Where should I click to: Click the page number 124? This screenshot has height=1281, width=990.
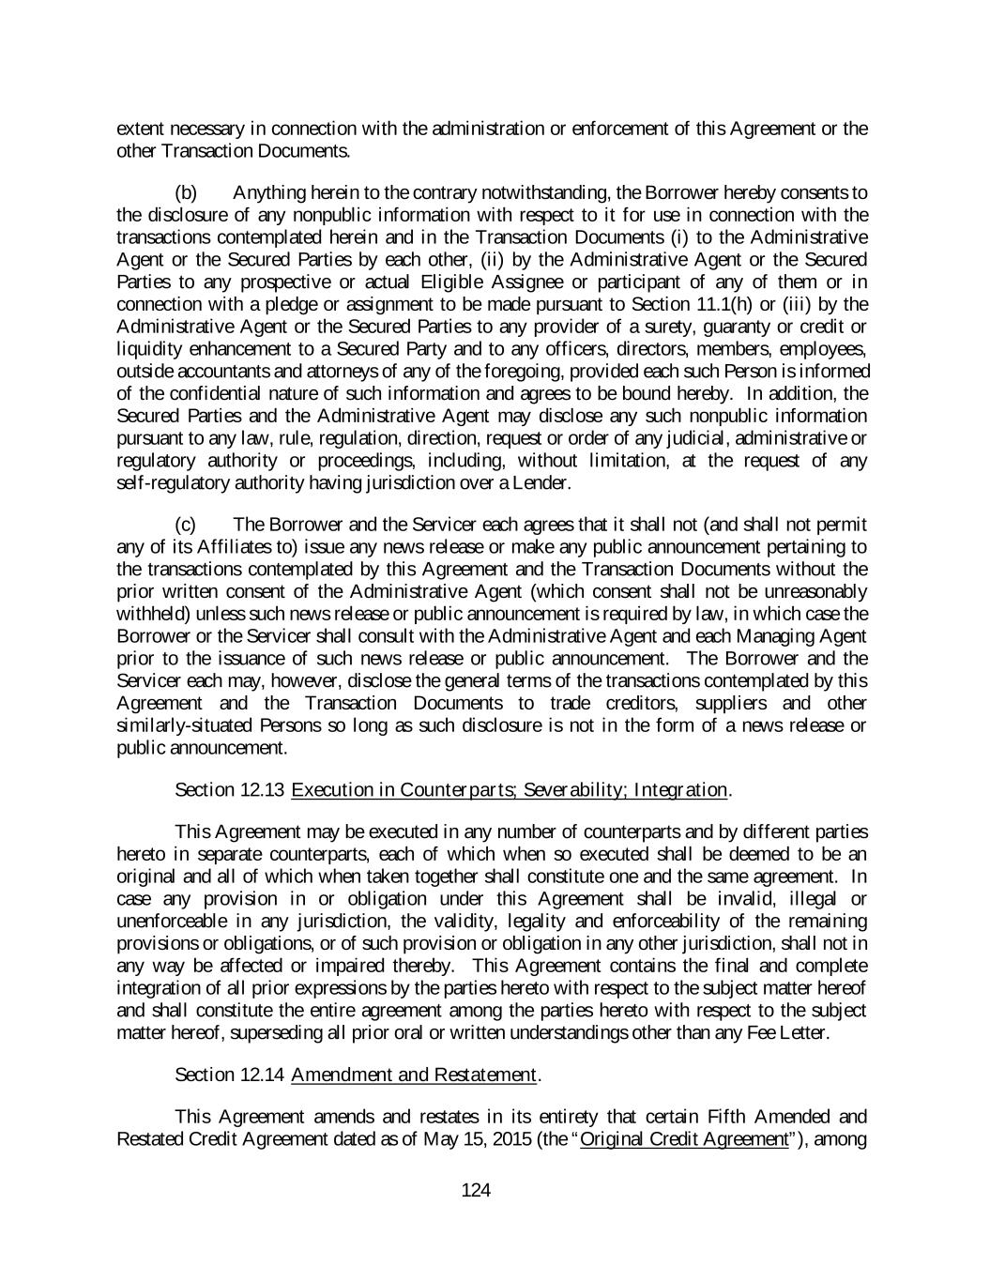pyautogui.click(x=476, y=1191)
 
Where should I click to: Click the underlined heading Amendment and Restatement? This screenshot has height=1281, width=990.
pyautogui.click(x=414, y=1075)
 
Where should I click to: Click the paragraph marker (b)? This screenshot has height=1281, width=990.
pyautogui.click(x=187, y=193)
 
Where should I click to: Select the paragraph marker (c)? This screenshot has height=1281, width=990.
pyautogui.click(x=187, y=525)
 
